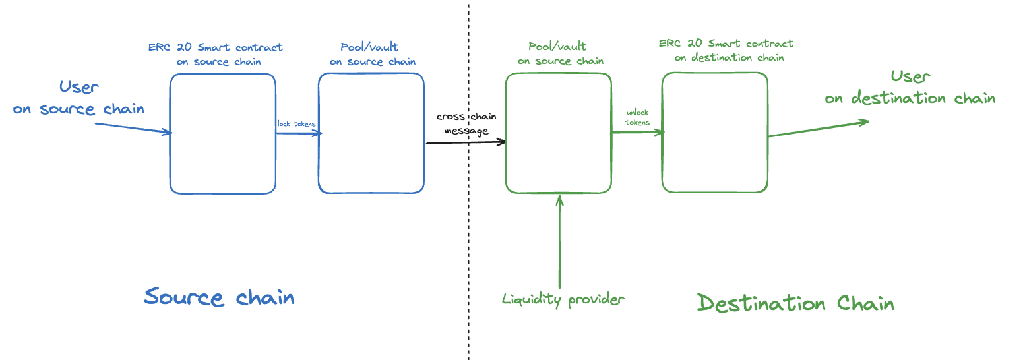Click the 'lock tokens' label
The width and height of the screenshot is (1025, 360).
(x=296, y=124)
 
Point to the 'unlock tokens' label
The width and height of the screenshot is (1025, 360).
(x=637, y=117)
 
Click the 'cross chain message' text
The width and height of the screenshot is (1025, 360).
(x=466, y=123)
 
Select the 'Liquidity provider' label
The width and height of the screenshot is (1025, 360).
(x=563, y=299)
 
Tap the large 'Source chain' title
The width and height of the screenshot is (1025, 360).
(x=219, y=297)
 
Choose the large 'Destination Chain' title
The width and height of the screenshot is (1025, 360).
(x=795, y=303)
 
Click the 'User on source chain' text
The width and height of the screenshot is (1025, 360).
(x=79, y=98)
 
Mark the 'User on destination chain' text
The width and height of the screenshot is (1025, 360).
(x=910, y=88)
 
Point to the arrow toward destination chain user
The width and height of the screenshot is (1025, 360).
(x=818, y=129)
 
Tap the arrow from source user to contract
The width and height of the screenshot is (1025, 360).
(x=132, y=127)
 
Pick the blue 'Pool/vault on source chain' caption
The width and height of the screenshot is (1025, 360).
(x=373, y=54)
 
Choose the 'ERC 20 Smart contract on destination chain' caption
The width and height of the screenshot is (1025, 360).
(x=726, y=50)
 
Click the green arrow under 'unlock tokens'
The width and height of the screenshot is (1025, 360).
(x=637, y=133)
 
